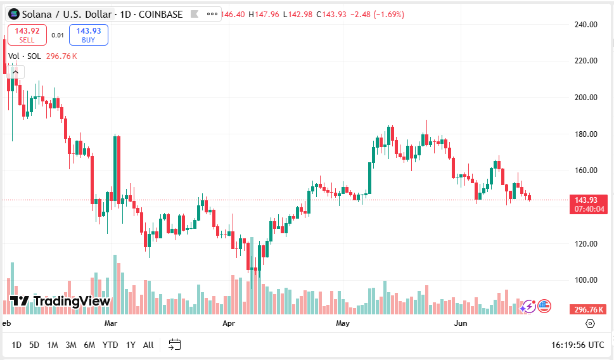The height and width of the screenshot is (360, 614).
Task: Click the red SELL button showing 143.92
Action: [x=27, y=35]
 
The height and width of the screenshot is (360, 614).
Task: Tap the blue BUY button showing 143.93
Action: [x=89, y=35]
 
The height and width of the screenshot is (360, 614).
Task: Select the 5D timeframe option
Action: [x=34, y=345]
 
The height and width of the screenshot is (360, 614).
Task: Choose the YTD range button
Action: [x=110, y=345]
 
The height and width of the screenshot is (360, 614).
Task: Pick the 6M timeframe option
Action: [x=89, y=345]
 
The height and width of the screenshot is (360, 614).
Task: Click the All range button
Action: [x=148, y=345]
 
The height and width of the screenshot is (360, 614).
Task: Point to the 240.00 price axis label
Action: [x=585, y=25]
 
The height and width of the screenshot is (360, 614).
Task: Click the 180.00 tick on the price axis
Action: [x=585, y=134]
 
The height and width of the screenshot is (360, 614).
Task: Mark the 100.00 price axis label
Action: [x=585, y=280]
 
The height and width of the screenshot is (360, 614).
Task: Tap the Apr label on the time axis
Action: [x=229, y=323]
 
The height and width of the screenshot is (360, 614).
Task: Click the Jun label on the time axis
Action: [x=461, y=323]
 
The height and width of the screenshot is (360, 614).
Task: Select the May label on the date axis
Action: [x=343, y=323]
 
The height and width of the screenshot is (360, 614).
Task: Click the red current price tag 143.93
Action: [x=589, y=204]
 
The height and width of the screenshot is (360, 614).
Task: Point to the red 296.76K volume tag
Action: [x=589, y=309]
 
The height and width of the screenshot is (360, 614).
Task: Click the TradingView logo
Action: [x=61, y=301]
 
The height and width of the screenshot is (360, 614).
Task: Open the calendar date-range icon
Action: [x=175, y=345]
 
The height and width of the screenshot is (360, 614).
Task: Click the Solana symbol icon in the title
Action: [x=13, y=14]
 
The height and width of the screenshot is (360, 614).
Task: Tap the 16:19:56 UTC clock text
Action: [x=577, y=345]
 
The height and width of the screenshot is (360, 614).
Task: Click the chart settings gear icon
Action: [x=591, y=323]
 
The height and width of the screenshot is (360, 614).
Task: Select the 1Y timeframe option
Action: [x=131, y=345]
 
